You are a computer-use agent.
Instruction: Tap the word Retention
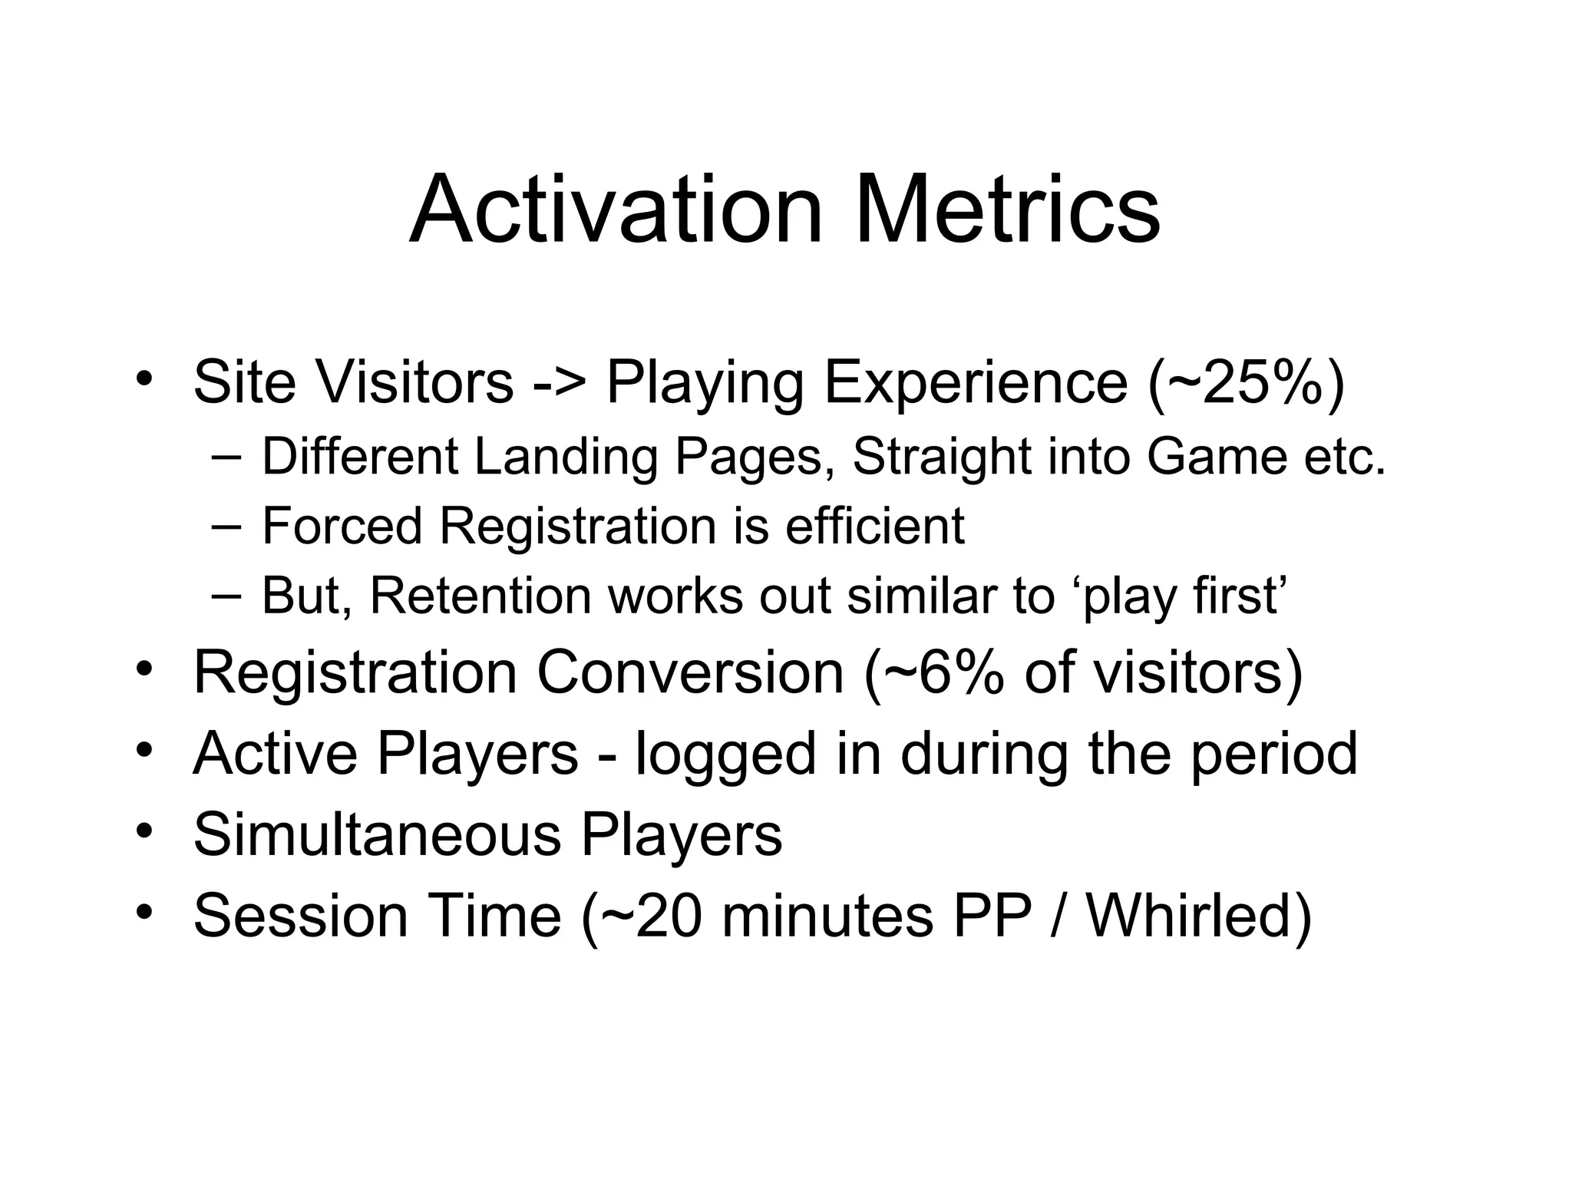[481, 595]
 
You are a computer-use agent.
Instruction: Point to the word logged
[726, 754]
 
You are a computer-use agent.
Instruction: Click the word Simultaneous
[377, 834]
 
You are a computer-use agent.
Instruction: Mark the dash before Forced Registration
[224, 526]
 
